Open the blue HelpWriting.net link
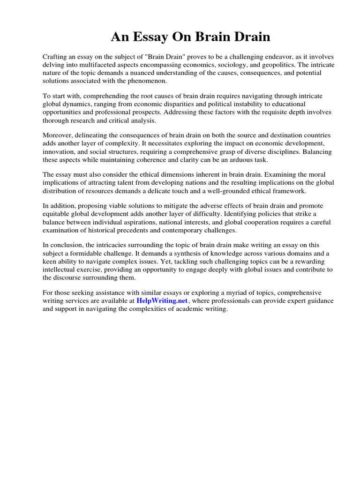click(162, 300)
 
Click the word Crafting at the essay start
click(55, 57)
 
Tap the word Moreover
click(58, 135)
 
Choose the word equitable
click(58, 214)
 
